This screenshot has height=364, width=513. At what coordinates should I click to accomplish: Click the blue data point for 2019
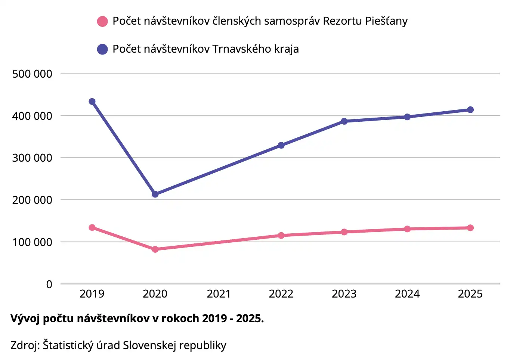tap(92, 102)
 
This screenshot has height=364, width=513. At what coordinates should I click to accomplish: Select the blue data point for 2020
tap(155, 194)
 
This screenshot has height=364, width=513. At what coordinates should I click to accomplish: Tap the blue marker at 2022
tap(281, 145)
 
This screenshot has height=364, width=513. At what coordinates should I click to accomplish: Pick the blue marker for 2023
tap(344, 121)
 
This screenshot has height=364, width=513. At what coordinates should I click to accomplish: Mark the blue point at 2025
tap(470, 110)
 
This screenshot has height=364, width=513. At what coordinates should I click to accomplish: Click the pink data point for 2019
tap(92, 228)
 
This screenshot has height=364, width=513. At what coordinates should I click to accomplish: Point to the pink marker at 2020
tap(155, 249)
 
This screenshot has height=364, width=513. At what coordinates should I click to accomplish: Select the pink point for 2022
tap(281, 236)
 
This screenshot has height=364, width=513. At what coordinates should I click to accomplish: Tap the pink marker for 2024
tap(407, 229)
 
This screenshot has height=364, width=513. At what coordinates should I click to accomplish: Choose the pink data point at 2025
tap(470, 228)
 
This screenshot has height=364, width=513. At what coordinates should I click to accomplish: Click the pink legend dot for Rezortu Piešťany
tap(102, 21)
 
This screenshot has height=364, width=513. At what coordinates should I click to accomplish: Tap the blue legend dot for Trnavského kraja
tap(102, 49)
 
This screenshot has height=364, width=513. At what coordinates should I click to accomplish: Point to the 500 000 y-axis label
tap(32, 74)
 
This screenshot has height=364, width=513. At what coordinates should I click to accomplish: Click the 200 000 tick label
tap(32, 200)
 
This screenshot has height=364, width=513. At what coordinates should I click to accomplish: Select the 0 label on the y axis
tap(49, 284)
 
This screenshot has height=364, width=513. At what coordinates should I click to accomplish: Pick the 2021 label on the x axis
tap(219, 294)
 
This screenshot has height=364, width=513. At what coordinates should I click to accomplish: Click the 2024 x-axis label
tap(407, 294)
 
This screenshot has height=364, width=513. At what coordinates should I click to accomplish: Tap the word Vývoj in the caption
tap(25, 318)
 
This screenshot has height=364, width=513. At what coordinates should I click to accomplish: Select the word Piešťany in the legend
tap(386, 21)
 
